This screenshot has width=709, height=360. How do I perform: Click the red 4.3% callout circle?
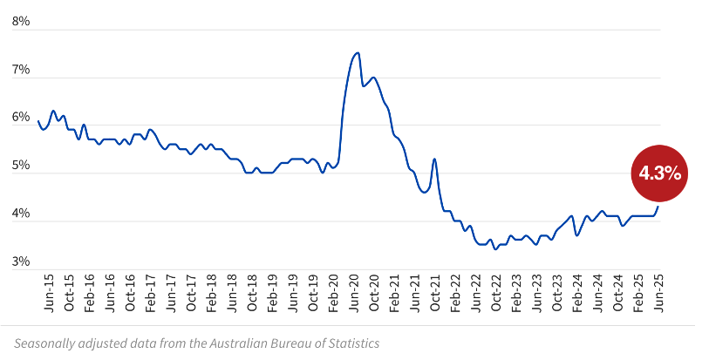tap(660, 173)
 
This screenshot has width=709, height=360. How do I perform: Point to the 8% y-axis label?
tap(21, 21)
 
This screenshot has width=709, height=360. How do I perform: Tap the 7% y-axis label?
tap(21, 69)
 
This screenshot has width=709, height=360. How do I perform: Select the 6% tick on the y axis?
tap(21, 117)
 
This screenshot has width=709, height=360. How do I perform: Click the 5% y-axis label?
tap(21, 165)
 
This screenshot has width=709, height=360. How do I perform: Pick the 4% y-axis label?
tap(21, 213)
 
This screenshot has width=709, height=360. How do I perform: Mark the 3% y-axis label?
tap(21, 261)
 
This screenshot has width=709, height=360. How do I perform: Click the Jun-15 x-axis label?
tap(49, 293)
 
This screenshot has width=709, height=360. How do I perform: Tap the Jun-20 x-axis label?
tap(354, 293)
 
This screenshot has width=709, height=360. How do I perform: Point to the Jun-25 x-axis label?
tap(658, 293)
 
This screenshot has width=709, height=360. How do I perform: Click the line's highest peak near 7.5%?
tap(357, 53)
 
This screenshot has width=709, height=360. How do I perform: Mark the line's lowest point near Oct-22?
tap(495, 248)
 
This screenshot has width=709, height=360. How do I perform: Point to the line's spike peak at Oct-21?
tap(434, 159)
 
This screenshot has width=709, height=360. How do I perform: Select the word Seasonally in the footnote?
tap(44, 343)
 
